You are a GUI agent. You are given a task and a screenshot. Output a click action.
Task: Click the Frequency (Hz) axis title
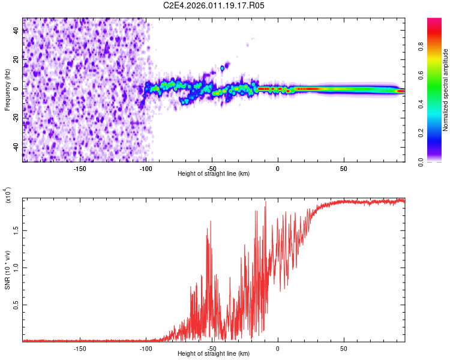coord(7,89)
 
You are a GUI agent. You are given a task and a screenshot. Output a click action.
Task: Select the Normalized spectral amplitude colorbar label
coord(446,90)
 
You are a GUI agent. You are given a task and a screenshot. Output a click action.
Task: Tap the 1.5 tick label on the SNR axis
coord(17,229)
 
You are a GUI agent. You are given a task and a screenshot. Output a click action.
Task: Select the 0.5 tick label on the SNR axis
coord(17,305)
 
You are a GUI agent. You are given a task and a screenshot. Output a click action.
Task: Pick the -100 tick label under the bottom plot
coord(146,347)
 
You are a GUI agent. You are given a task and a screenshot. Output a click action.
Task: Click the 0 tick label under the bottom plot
coord(278,347)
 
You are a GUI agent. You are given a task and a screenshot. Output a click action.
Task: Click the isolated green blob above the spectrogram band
coord(222,68)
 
